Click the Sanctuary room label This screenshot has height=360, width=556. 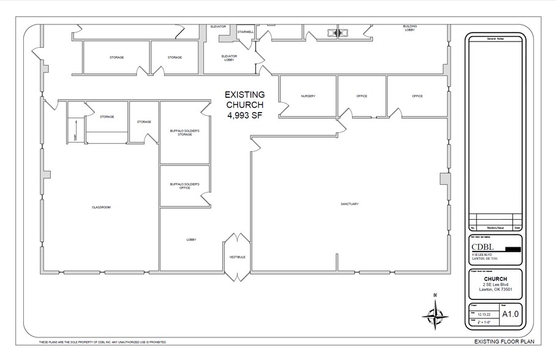(x=350, y=204)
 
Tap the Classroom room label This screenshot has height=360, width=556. (x=101, y=208)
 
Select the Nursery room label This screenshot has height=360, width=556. (x=307, y=96)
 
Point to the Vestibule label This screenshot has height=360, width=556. (x=237, y=257)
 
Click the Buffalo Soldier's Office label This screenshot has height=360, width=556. (x=185, y=186)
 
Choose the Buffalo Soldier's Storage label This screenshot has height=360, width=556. (x=185, y=132)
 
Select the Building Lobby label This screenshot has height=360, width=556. (x=410, y=28)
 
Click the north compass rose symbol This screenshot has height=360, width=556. (x=435, y=315)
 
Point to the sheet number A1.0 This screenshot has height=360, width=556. (x=510, y=314)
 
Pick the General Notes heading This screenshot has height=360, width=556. (x=495, y=39)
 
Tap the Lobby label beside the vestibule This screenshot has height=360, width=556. (x=190, y=239)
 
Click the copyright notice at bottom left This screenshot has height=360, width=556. (x=103, y=342)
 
